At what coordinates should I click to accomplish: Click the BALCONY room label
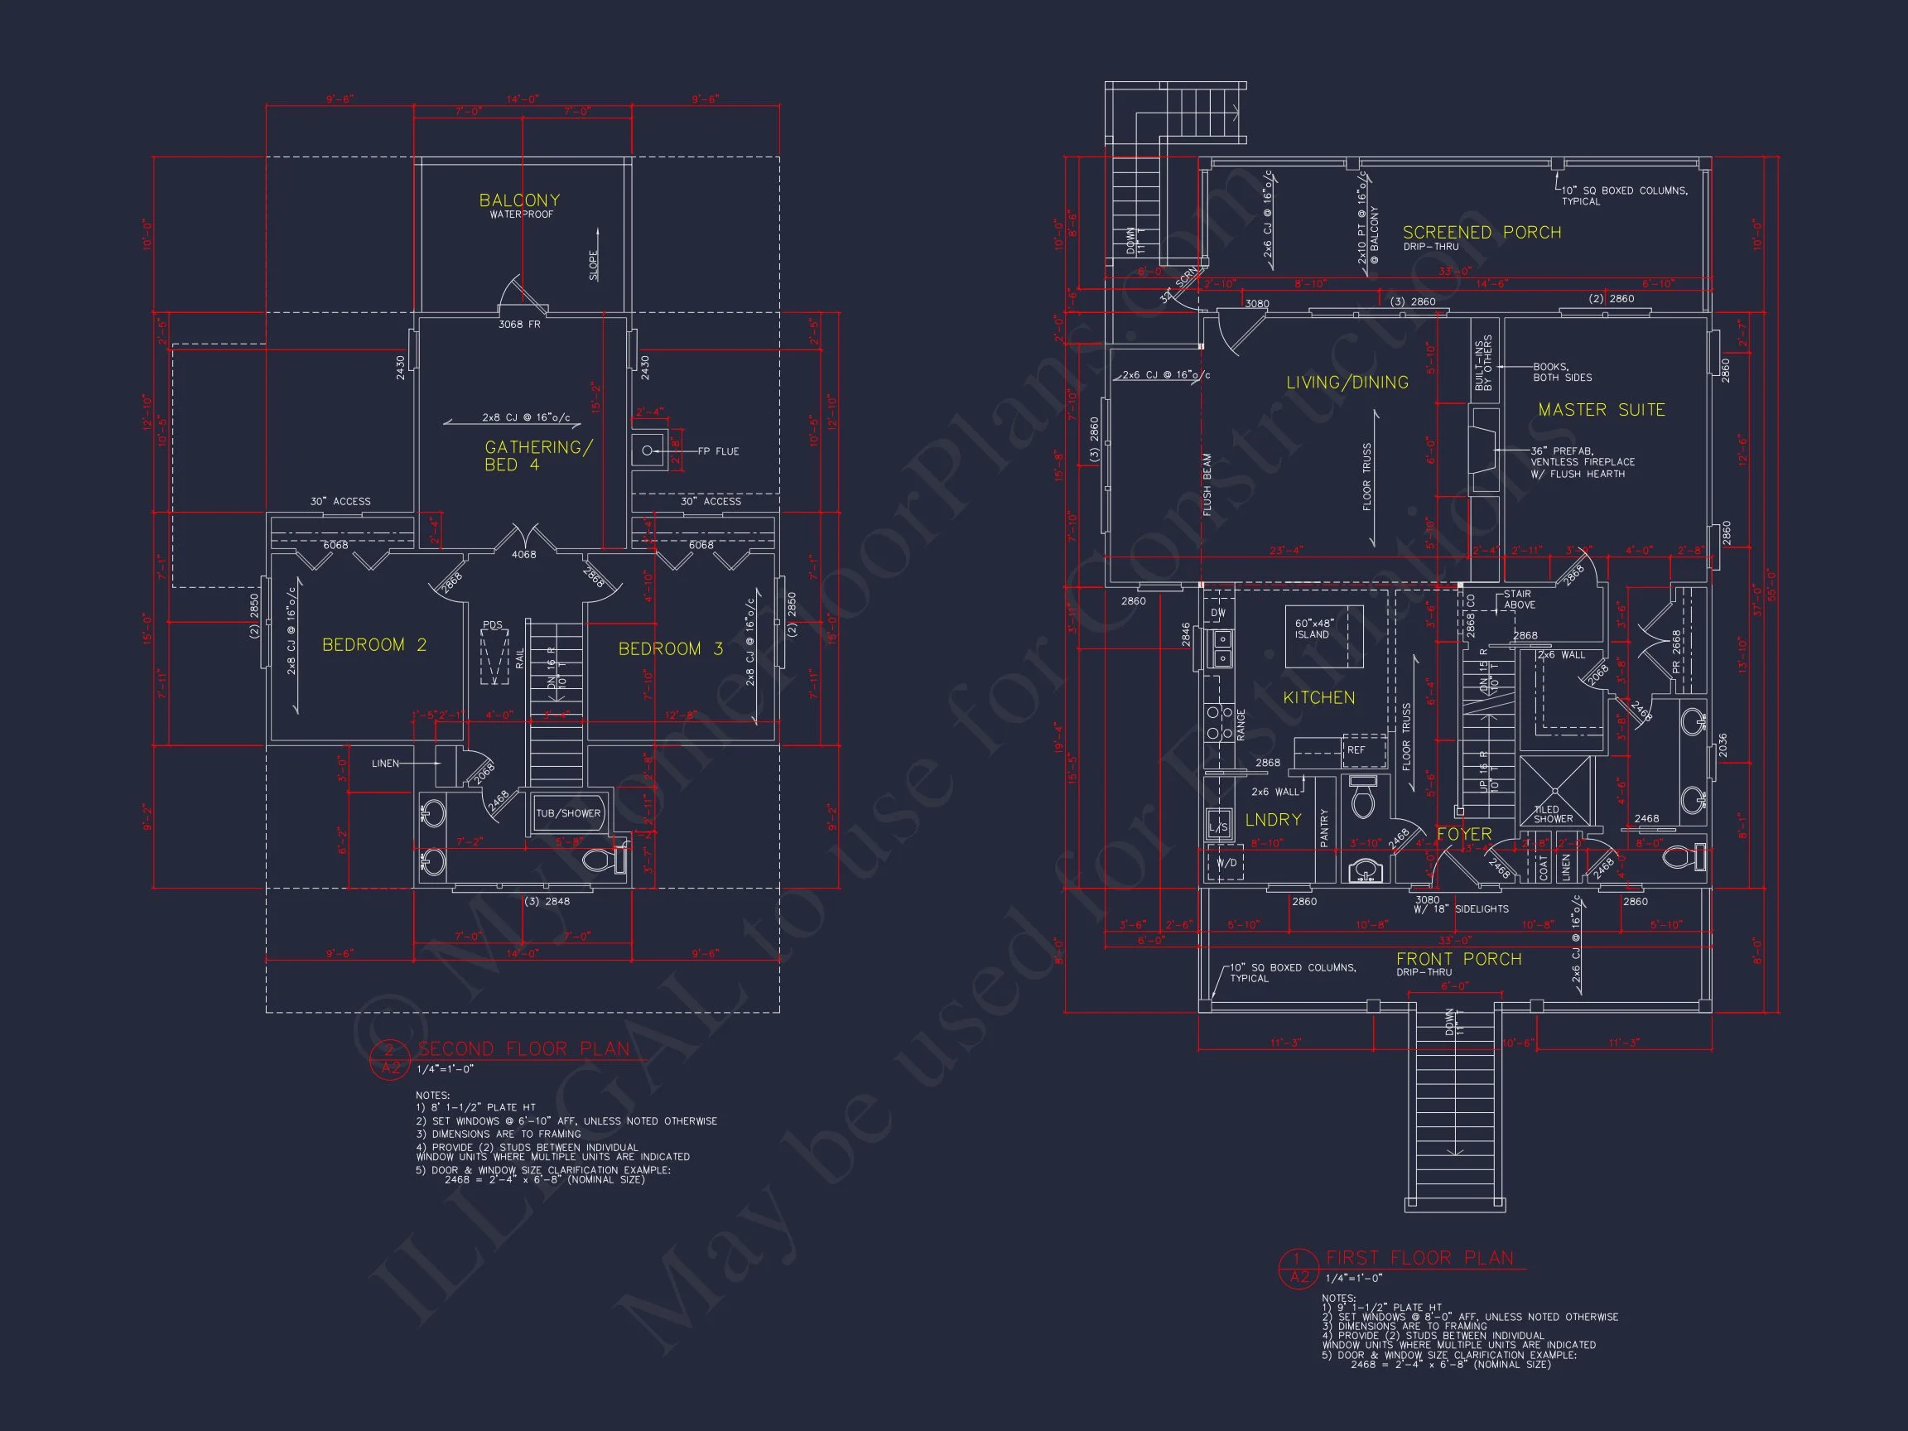519,200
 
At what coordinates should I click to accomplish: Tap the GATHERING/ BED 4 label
537,455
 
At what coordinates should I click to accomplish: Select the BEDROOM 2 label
373,645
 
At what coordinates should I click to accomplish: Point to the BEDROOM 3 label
670,648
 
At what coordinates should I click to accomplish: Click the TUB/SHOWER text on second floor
567,813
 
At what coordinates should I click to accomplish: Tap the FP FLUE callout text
718,451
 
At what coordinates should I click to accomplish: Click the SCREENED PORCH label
1481,233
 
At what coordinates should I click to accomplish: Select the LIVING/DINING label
1347,382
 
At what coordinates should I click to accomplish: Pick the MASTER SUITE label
1601,410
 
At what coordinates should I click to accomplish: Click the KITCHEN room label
1318,697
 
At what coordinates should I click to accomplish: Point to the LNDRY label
1272,820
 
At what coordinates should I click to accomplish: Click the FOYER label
1464,834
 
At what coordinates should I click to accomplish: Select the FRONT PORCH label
1458,959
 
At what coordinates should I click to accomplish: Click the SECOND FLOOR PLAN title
523,1049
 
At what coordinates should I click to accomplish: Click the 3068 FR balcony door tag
519,325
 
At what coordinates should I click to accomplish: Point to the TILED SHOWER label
1553,814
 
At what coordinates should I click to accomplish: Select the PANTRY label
1324,828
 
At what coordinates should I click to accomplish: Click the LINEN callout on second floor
385,764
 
